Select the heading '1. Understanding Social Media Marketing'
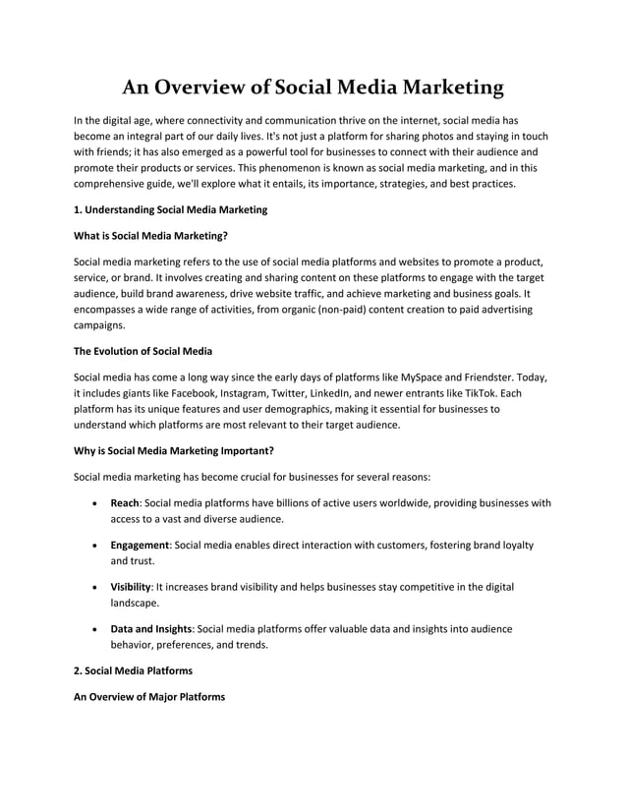171,209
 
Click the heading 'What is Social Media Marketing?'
151,236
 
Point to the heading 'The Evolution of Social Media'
143,351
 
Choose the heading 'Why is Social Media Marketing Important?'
174,451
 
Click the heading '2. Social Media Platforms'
137,670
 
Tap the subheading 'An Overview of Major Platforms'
149,697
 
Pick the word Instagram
255,393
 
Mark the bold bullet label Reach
125,502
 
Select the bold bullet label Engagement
141,545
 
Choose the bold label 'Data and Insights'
151,628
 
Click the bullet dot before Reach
92,503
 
